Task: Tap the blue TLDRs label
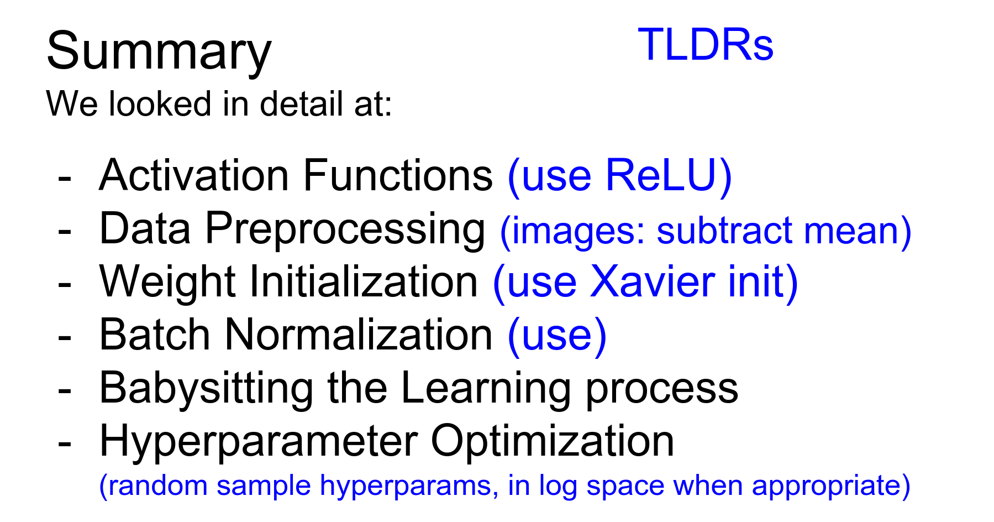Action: [706, 44]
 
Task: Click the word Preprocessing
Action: [345, 229]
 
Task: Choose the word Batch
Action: [155, 335]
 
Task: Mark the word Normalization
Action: [359, 335]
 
